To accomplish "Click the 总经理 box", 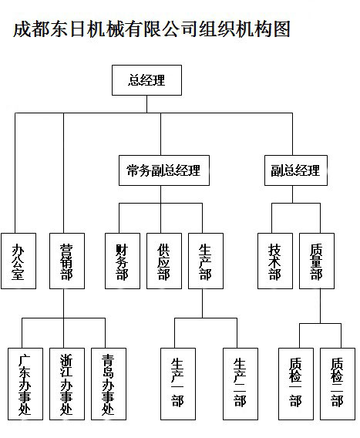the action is coord(146,80).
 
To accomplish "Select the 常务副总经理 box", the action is coord(164,170).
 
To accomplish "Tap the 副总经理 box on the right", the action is coord(296,170).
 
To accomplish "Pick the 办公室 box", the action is coord(19,261).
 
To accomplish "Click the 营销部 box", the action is coord(67,261).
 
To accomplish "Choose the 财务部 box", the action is coord(123,261).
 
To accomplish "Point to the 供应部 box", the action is coord(164,261).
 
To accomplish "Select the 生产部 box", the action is coord(206,261).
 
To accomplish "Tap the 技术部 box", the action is coord(275,261).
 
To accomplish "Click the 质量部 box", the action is coord(317,261).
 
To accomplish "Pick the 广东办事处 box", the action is coord(25,384).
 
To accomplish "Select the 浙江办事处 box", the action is coord(67,384).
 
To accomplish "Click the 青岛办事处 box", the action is coord(109,384).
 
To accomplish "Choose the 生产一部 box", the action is coord(178,384).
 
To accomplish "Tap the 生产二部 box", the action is coord(241,384).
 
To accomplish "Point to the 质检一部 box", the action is coord(296,384).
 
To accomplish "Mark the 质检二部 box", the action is coord(338,384).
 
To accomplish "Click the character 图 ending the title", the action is coord(281,29).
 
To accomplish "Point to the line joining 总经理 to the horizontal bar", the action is coord(147,104).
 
